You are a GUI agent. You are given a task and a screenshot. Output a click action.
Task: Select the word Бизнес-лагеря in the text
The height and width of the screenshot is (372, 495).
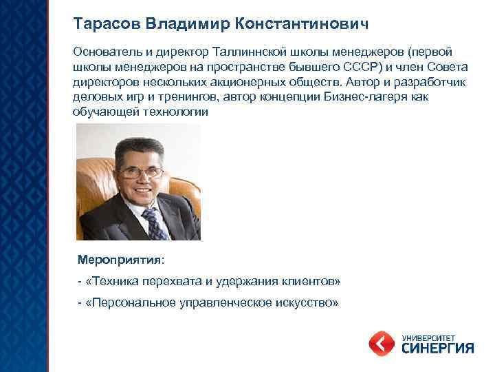(x=368, y=96)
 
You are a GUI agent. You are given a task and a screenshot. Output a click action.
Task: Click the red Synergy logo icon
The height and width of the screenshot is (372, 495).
(x=382, y=343)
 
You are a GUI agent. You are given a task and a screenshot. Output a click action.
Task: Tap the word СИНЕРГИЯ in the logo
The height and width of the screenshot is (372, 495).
(x=436, y=348)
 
